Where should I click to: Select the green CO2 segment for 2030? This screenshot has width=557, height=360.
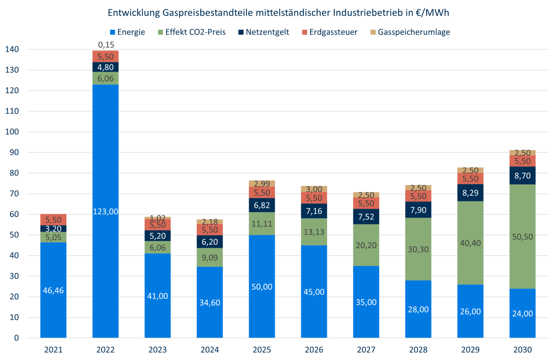click(522, 225)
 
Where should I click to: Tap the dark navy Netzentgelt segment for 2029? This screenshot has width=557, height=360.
click(470, 193)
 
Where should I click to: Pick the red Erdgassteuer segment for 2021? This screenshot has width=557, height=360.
click(53, 219)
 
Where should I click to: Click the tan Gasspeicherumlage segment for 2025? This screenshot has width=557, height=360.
click(262, 183)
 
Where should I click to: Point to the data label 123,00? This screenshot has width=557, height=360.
click(105, 212)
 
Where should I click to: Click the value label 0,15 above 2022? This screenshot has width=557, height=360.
click(106, 45)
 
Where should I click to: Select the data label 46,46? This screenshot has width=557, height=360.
click(53, 290)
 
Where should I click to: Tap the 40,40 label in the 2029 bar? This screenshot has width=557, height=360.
click(470, 243)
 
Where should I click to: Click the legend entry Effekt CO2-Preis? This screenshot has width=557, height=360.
click(195, 32)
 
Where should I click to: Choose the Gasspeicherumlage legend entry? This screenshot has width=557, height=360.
click(413, 32)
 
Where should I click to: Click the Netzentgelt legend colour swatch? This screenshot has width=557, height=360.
click(241, 32)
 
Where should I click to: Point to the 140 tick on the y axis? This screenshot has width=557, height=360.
click(12, 49)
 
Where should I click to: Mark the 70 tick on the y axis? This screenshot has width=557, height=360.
click(14, 194)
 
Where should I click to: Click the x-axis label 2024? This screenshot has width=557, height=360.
click(210, 350)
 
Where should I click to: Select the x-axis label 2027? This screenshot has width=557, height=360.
click(366, 350)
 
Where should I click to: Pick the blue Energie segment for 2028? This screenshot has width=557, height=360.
click(418, 309)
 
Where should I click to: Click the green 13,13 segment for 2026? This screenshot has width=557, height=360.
click(314, 232)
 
